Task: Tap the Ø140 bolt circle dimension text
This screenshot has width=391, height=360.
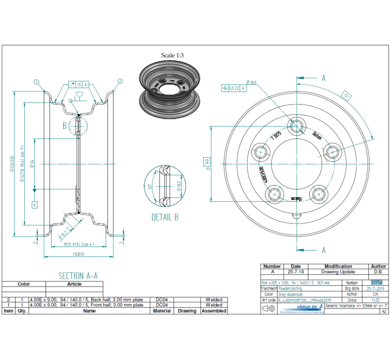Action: (x=206, y=162)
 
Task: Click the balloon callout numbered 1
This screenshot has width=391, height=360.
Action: (x=36, y=81)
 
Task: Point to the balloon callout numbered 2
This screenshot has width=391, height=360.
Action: (x=120, y=81)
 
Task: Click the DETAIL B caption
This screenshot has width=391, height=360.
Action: (x=165, y=217)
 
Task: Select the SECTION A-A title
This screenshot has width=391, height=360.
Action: (x=78, y=276)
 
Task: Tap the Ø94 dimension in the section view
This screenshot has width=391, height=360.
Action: (x=32, y=164)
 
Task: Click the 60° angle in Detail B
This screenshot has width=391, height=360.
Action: (x=150, y=186)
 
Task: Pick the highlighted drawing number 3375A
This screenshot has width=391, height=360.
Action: (x=377, y=283)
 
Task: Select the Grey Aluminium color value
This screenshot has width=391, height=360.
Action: (x=290, y=295)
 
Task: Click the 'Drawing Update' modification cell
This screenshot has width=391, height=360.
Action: (x=338, y=272)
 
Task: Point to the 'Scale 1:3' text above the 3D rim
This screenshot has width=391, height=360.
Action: (x=172, y=55)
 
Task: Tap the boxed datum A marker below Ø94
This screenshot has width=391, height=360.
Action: (x=34, y=204)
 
